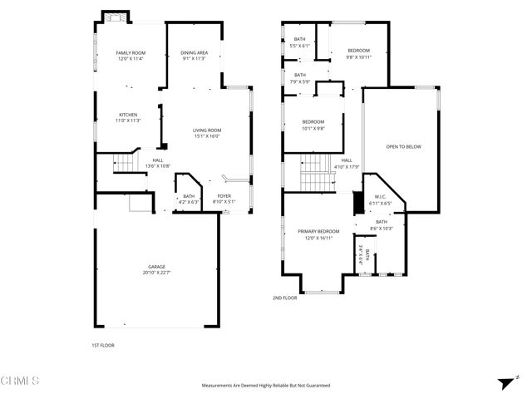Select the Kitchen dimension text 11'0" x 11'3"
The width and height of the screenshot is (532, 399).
point(128,121)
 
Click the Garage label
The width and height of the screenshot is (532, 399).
point(156,267)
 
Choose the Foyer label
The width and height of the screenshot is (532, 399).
point(224,197)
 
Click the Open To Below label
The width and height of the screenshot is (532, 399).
point(403,146)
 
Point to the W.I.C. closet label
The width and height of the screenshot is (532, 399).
point(381,197)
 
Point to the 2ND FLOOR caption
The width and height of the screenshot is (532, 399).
point(284,298)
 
